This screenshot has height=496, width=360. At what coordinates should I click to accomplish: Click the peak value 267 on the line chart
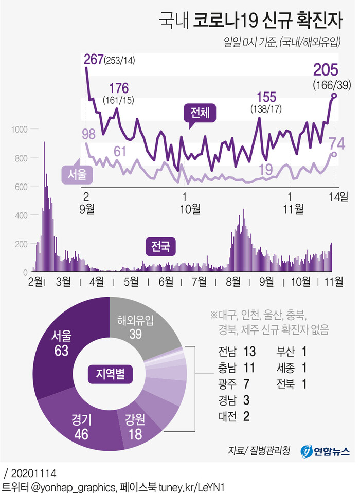(x=94, y=61)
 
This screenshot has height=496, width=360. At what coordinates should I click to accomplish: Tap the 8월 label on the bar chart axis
(x=233, y=282)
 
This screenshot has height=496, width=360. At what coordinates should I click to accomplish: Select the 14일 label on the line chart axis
(x=340, y=195)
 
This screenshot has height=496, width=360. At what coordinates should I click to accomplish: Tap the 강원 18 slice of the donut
(x=135, y=427)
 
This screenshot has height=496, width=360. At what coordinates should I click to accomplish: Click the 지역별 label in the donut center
(x=110, y=374)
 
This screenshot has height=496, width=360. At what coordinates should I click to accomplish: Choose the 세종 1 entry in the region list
(x=292, y=368)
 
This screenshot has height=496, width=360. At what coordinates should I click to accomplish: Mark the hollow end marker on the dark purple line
(x=334, y=96)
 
